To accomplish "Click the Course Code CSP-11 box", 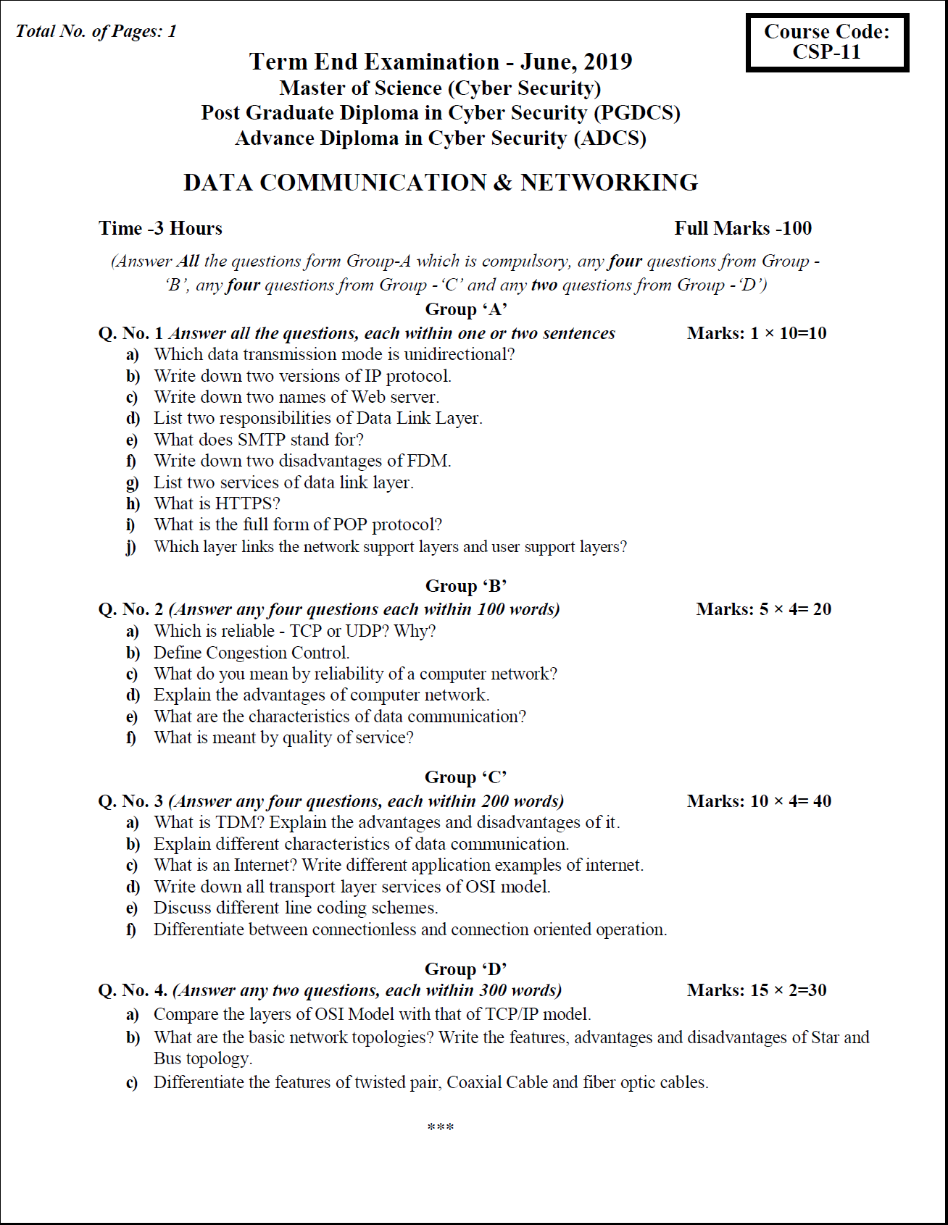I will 827,42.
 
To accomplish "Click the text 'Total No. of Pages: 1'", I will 96,31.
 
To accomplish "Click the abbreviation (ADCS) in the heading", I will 610,138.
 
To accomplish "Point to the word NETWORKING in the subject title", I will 609,183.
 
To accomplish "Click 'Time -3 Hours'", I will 160,228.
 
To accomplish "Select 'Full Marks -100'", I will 742,228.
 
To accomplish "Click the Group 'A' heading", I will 465,309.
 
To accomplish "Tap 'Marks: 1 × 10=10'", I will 756,333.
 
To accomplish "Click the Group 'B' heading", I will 465,586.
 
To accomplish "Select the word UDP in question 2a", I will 367,631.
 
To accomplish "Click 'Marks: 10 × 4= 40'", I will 759,801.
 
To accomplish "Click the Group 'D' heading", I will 465,969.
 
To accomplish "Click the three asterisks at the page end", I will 441,1127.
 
